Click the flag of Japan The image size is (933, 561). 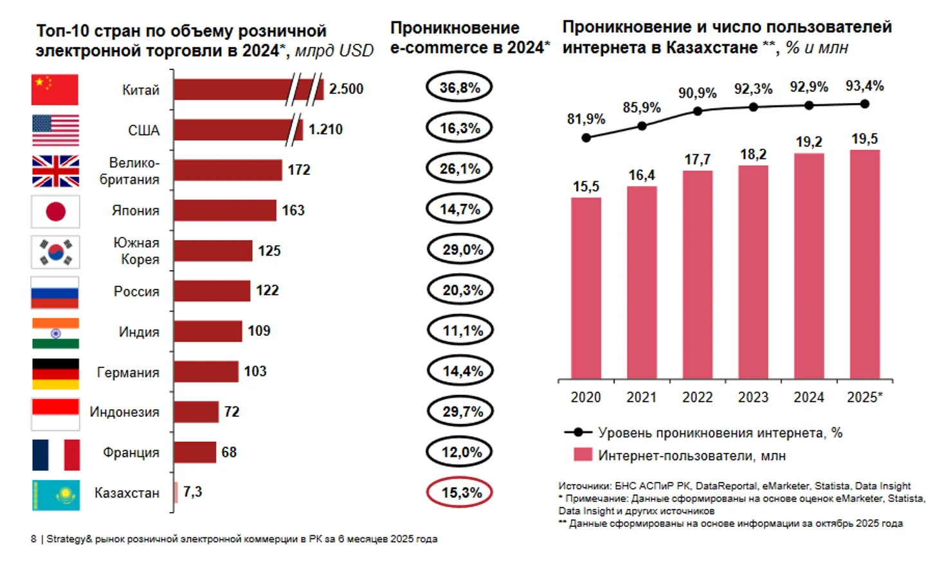point(56,211)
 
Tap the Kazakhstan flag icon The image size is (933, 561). point(56,495)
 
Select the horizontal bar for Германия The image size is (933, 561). point(206,372)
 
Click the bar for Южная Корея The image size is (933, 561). point(213,250)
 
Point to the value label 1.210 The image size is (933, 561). point(325,129)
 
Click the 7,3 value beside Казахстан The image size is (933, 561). point(192,492)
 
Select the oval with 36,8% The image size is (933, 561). point(459,87)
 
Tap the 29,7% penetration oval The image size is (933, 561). point(459,412)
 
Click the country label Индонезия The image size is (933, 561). point(124,412)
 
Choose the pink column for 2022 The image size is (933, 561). point(698,275)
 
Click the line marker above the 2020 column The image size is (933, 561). point(586,138)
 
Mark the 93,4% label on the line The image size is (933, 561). point(864,86)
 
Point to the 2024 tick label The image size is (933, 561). point(809,398)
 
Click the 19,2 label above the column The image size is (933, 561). point(809,142)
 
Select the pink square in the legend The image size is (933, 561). point(583,455)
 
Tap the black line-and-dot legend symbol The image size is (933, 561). point(578,432)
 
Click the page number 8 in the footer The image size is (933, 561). point(33,539)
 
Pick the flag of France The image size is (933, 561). point(56,454)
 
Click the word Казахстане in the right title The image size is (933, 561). point(712,48)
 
